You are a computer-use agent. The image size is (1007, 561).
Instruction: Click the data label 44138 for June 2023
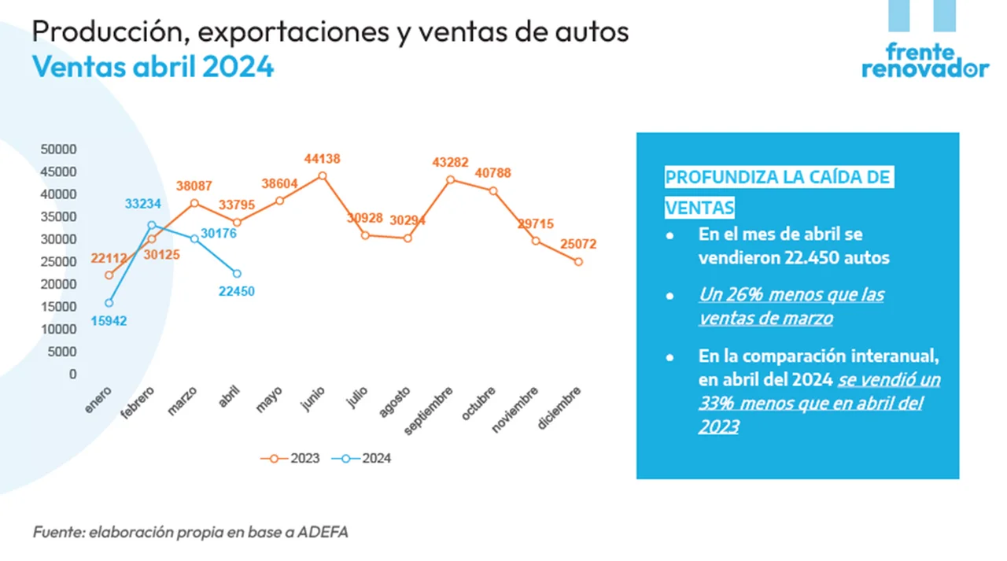[x=322, y=159]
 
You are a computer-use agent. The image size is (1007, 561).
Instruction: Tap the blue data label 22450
[x=237, y=291]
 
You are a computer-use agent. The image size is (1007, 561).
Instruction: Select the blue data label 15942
[x=109, y=320]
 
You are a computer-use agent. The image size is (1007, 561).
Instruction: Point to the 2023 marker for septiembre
[x=450, y=179]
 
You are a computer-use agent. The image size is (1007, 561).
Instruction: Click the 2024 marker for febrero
[x=152, y=225]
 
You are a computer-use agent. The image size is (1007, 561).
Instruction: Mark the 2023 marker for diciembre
[x=578, y=262]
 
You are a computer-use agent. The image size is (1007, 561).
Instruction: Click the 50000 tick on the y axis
[x=60, y=149]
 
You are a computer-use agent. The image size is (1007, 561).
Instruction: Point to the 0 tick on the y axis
[x=72, y=374]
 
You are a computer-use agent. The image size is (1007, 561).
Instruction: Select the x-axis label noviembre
[x=515, y=410]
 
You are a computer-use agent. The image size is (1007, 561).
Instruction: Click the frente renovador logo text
[x=924, y=61]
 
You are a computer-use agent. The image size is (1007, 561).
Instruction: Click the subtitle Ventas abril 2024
[x=153, y=67]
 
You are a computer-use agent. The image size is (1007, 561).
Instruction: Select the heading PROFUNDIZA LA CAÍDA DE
[x=777, y=177]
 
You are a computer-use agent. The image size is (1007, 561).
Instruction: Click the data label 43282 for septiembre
[x=450, y=162]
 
